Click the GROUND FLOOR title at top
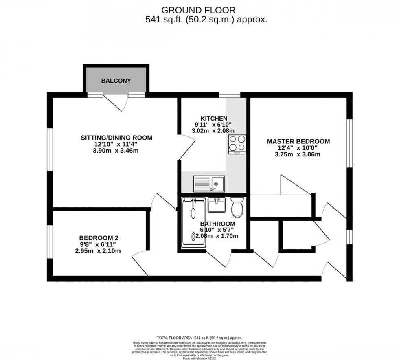198,10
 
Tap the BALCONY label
116,81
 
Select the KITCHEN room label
214,119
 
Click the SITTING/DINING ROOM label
116,138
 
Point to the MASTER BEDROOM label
298,141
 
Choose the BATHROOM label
217,224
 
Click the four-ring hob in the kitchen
237,144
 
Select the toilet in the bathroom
237,207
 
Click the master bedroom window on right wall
349,143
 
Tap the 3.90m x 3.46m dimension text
116,151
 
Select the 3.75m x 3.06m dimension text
298,154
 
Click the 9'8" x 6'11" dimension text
98,244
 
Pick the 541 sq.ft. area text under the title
206,20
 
